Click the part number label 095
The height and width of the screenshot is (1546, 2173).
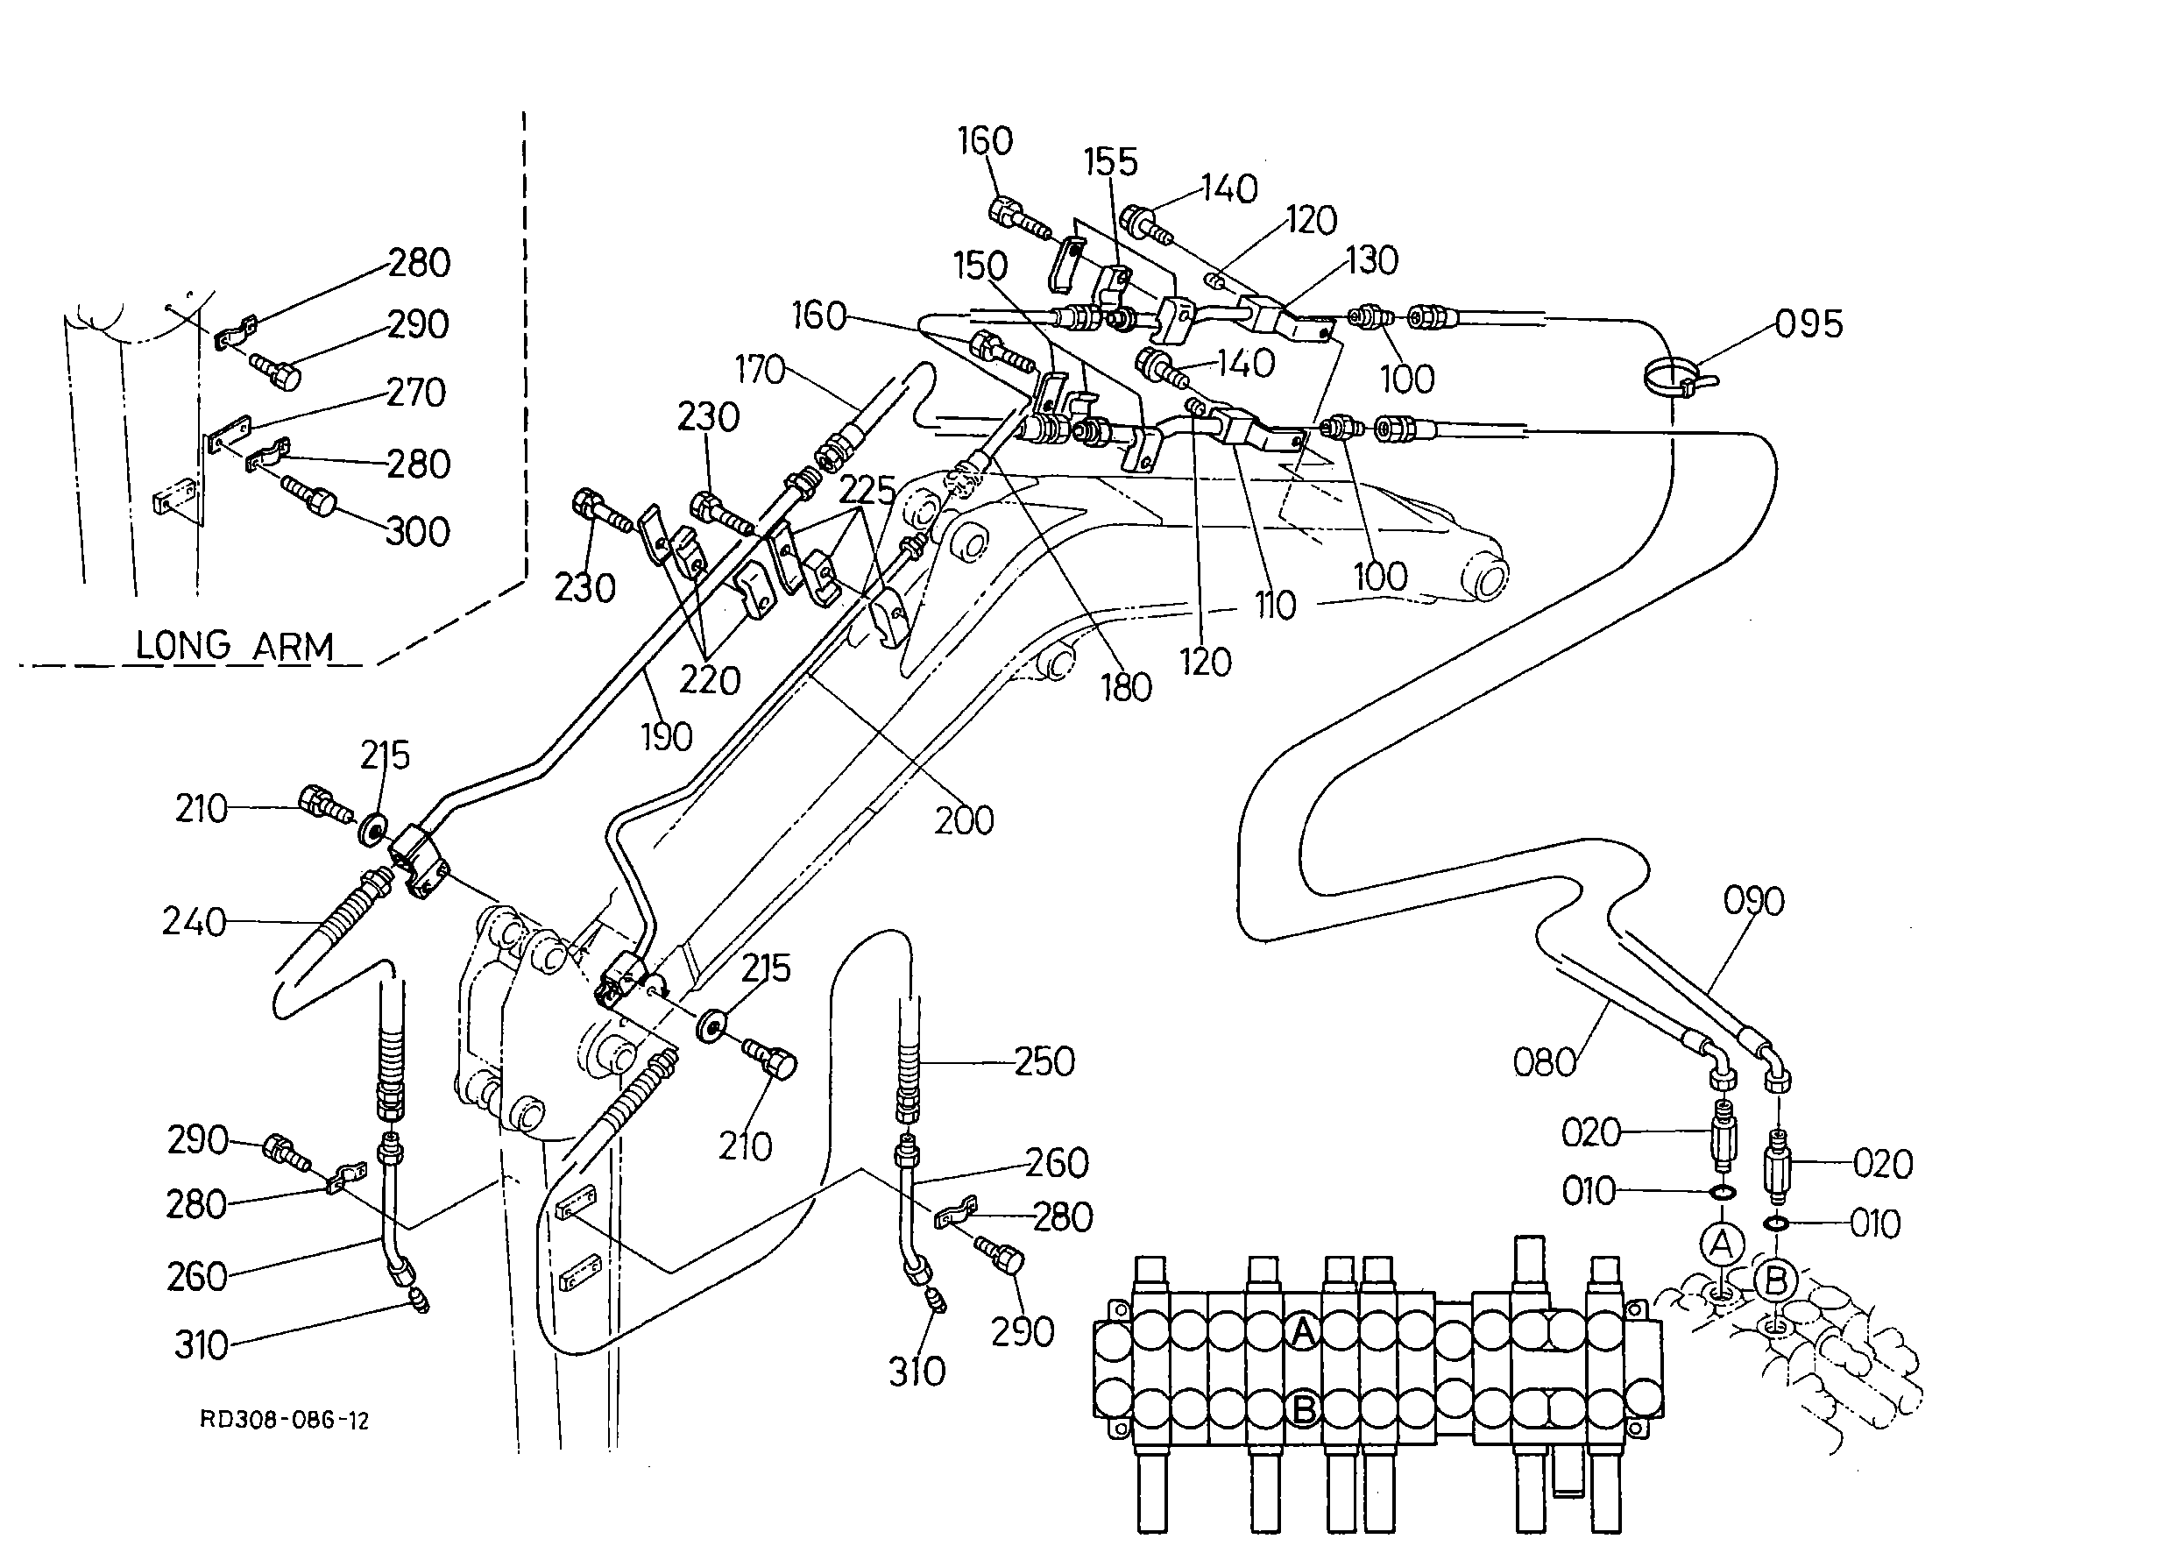(x=1808, y=324)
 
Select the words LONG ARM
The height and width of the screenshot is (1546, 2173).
(x=235, y=647)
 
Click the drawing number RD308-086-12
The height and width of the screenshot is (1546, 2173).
(x=284, y=1422)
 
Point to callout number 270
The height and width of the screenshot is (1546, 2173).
(x=416, y=393)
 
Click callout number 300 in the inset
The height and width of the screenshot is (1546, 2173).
(x=417, y=531)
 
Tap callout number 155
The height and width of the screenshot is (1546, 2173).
(x=1111, y=162)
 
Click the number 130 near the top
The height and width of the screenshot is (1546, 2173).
(x=1370, y=260)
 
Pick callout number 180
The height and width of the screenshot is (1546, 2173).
(x=1127, y=687)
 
